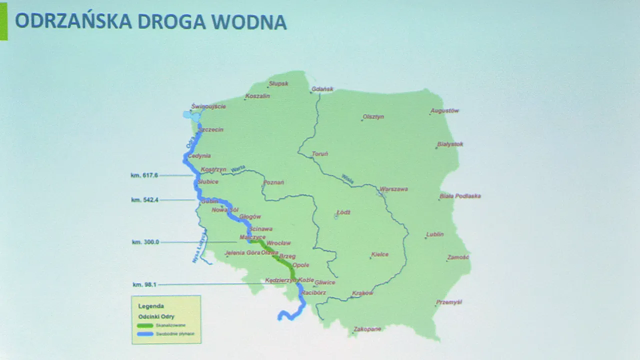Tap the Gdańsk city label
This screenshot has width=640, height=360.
[322, 89]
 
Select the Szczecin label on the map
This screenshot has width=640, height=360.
[211, 129]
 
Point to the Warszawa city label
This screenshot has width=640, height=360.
[394, 189]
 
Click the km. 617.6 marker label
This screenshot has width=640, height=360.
[144, 175]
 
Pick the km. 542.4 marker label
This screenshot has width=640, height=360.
[144, 199]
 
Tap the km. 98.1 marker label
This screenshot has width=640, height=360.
[144, 284]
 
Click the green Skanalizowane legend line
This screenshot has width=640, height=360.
[144, 325]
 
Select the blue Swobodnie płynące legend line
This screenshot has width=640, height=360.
[144, 333]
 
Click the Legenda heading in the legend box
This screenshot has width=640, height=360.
[151, 305]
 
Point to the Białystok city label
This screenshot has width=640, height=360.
[450, 144]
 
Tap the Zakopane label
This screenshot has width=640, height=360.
[367, 329]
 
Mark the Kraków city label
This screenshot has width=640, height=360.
[363, 293]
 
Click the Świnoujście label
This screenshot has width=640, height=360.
[208, 106]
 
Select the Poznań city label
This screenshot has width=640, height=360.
[273, 182]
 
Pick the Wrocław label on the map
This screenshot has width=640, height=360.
[279, 242]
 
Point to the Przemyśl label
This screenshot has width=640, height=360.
[449, 302]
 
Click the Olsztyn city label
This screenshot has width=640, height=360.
[373, 116]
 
